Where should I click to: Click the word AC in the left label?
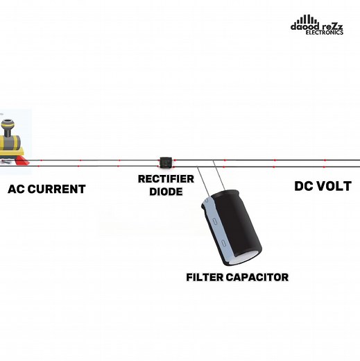[x=18, y=189]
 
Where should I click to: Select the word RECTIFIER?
[x=161, y=179]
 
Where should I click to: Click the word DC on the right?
[x=305, y=187]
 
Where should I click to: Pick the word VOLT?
[x=338, y=187]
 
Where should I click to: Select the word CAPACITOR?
[x=257, y=277]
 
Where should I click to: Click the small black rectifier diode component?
[x=166, y=162]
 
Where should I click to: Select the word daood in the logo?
[x=304, y=26]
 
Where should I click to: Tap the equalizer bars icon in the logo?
[x=310, y=18]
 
